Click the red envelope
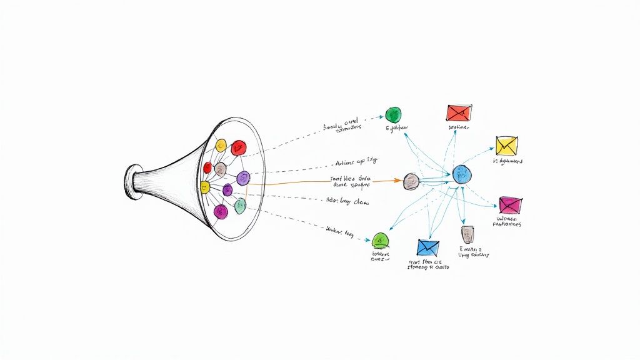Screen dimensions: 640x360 458,112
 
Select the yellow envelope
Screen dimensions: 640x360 506,145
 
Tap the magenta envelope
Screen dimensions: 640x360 511,204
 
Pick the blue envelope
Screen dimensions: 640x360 428,247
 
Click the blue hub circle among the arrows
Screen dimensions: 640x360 462,174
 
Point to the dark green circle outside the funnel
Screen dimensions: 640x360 393,114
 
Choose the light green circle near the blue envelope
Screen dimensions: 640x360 381,240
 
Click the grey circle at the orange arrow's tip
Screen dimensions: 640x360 411,181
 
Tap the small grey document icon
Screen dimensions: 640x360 467,234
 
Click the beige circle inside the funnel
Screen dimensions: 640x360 220,169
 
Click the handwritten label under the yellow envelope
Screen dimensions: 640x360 507,161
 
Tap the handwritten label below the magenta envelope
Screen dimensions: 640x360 508,221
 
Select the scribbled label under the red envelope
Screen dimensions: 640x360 458,127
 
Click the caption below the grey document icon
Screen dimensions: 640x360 474,252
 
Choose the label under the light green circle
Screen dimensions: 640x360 380,257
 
